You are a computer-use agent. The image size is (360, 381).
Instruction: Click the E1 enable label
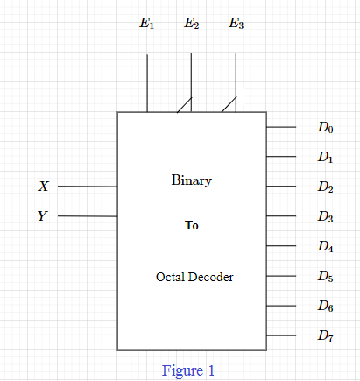pos(146,23)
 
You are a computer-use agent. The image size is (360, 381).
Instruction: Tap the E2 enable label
pos(192,23)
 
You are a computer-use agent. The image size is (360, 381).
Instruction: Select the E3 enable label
pos(236,23)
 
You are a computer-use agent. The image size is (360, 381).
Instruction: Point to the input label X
pos(44,186)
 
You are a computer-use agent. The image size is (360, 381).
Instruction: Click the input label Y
pos(43,216)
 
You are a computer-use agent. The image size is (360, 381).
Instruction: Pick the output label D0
pos(325,128)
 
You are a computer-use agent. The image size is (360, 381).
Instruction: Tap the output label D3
pos(325,216)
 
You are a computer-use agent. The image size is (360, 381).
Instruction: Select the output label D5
pos(325,276)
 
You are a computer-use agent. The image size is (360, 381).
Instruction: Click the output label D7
pos(325,335)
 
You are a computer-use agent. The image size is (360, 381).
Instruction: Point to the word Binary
pos(192,180)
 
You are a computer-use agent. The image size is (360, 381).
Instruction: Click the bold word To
pos(192,225)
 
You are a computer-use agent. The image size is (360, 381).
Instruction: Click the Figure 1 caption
pos(188,370)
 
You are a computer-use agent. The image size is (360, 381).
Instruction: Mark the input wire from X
pos(88,187)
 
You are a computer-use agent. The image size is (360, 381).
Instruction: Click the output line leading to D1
pos(281,157)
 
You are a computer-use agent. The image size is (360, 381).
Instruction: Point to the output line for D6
pos(281,306)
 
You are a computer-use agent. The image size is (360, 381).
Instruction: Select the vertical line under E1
pos(147,83)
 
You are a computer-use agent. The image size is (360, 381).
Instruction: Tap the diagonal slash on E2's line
pos(184,105)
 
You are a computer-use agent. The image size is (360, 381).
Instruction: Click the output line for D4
pos(281,246)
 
